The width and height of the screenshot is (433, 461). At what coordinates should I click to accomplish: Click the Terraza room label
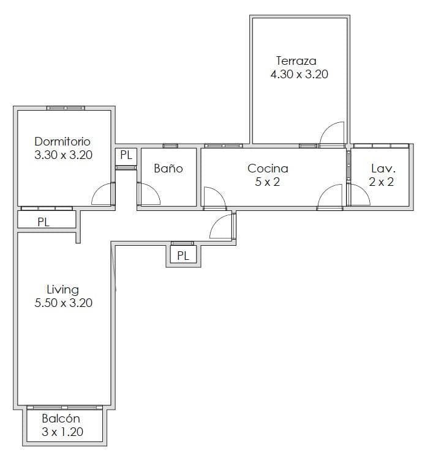coord(296,61)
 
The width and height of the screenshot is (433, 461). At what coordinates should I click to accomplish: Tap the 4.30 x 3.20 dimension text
coord(299,74)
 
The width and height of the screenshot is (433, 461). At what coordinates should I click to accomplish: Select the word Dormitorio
coord(62,141)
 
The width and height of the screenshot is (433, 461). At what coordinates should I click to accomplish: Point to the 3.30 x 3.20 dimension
coord(63,155)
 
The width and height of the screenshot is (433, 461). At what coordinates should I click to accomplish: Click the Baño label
coord(168,168)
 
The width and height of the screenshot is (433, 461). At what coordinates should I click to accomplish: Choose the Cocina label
coord(268,168)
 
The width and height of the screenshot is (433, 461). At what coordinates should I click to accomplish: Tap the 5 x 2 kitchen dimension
coord(267,182)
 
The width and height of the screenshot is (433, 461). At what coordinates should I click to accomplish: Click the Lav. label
coord(383,169)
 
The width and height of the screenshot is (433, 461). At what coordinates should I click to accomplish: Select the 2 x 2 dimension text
coord(382,182)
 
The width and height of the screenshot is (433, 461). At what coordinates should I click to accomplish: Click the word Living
coord(62,290)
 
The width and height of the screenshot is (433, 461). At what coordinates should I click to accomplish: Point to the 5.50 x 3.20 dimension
coord(63,303)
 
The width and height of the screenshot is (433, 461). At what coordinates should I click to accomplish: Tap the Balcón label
coord(61,418)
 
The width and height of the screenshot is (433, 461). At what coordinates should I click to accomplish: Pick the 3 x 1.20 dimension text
coord(62,432)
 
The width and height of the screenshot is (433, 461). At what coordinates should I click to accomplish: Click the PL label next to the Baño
coord(126,155)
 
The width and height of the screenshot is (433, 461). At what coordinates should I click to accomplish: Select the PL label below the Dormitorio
coord(43,222)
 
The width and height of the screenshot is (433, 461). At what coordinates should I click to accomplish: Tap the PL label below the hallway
coord(183,256)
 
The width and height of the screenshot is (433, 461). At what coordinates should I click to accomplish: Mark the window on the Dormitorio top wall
coord(66,108)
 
